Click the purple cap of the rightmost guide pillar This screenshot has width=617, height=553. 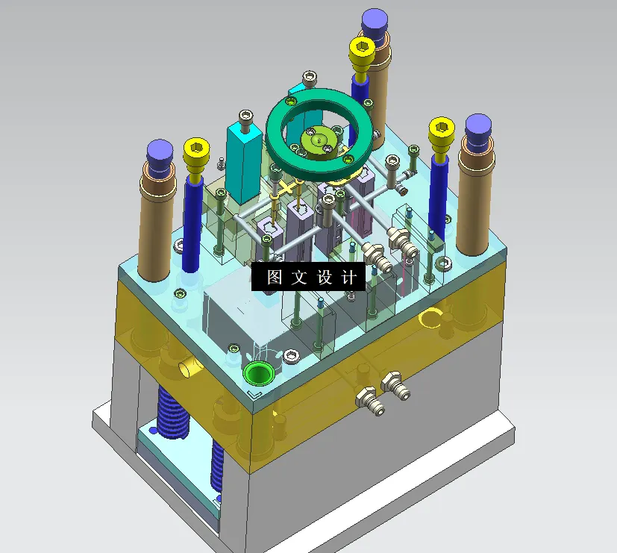point(477,128)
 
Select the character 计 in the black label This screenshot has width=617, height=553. point(348,278)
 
